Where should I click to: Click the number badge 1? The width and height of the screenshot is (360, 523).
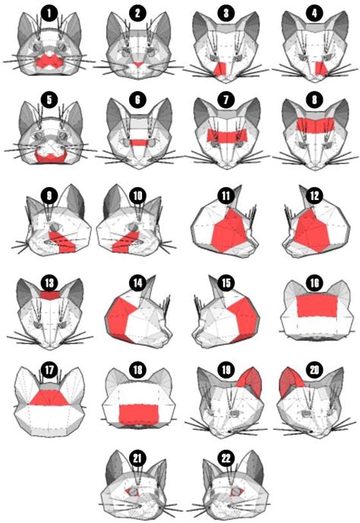tap(49, 14)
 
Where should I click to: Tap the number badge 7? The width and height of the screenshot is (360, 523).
tap(226, 100)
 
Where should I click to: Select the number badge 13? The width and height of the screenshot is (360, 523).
tap(49, 284)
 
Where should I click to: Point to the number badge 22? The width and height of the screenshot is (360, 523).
tap(226, 458)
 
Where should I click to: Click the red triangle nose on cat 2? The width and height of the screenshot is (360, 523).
tap(137, 65)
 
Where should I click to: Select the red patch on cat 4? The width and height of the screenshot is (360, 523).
tap(321, 68)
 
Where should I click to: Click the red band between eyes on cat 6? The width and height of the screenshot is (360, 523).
tap(138, 143)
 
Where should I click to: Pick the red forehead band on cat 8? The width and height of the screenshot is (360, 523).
tap(315, 125)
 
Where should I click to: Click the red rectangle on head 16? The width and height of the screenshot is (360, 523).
tap(317, 306)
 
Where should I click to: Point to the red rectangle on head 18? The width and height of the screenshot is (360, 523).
tap(139, 414)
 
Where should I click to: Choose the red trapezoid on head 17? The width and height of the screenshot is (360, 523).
tap(49, 398)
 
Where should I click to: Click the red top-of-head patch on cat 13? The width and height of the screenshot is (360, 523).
tap(49, 296)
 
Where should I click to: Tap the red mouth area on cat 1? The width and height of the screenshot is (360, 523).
tap(49, 62)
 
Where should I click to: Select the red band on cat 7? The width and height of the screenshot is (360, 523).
tap(226, 136)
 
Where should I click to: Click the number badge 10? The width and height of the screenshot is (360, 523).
tap(137, 195)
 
